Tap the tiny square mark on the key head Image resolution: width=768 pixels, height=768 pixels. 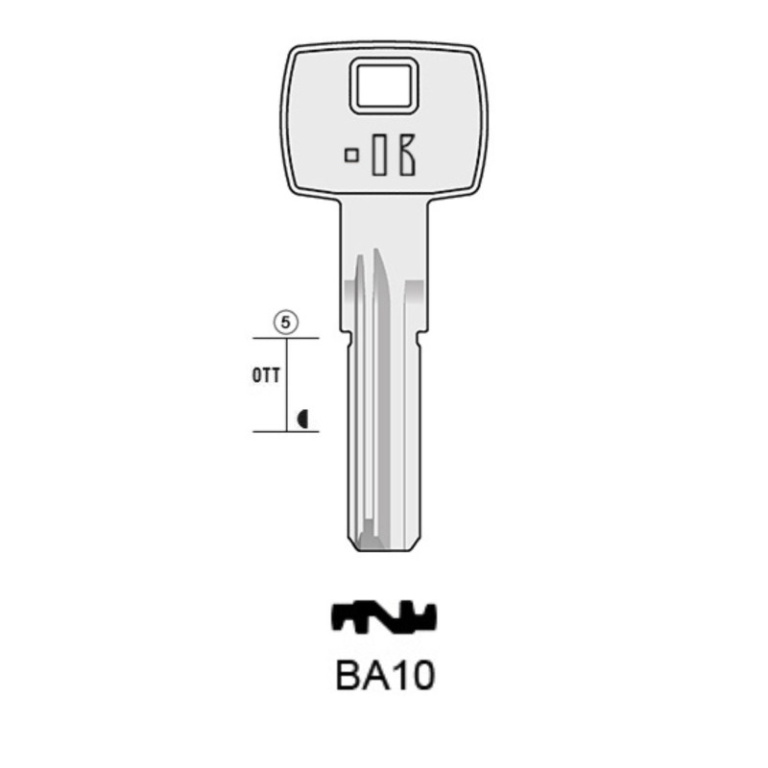click(352, 154)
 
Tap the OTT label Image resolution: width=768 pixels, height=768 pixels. click(266, 375)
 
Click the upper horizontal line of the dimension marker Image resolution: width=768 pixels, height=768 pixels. click(285, 338)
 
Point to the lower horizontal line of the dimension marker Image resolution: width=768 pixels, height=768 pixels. click(285, 431)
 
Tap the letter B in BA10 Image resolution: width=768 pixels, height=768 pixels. click(348, 676)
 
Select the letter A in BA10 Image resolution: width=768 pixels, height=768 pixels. click(375, 676)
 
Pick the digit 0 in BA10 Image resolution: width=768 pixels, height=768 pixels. click(421, 676)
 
